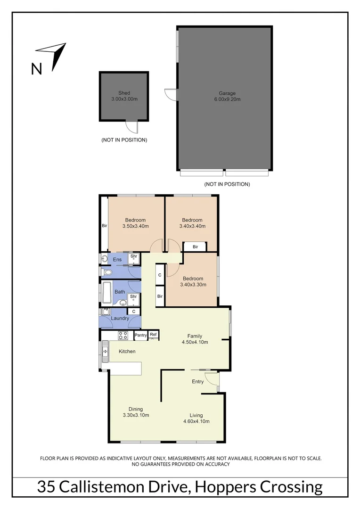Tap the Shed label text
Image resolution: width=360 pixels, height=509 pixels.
(x=124, y=93)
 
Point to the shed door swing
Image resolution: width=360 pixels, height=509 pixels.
(x=132, y=127)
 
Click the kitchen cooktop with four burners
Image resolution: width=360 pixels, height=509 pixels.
(x=123, y=336)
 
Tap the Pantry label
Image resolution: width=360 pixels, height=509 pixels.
(x=140, y=335)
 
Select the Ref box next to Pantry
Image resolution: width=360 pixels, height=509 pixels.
(x=153, y=335)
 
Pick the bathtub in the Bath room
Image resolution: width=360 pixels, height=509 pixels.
(x=106, y=292)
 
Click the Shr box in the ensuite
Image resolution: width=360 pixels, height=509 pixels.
(x=134, y=257)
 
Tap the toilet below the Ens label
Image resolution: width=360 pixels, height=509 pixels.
(x=107, y=272)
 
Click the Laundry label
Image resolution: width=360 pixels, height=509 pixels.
(x=120, y=319)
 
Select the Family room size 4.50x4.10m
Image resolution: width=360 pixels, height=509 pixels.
(x=195, y=342)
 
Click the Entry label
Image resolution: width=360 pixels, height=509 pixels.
(x=197, y=382)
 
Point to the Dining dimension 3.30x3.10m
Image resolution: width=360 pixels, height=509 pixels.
(x=135, y=415)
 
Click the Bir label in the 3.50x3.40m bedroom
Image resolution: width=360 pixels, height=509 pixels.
(x=105, y=226)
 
